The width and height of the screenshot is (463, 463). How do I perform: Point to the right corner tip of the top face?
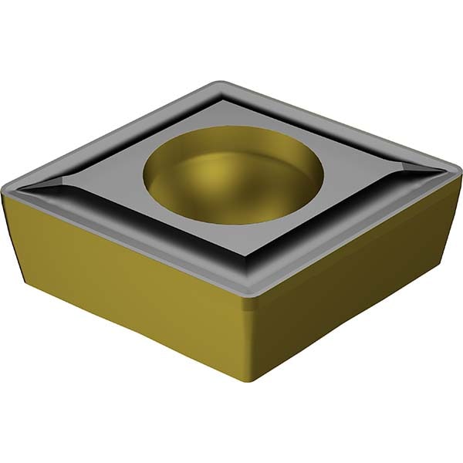[456, 164]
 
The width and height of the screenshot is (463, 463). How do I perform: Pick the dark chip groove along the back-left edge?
[139, 131]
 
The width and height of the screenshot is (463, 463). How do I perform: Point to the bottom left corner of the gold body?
[31, 297]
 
